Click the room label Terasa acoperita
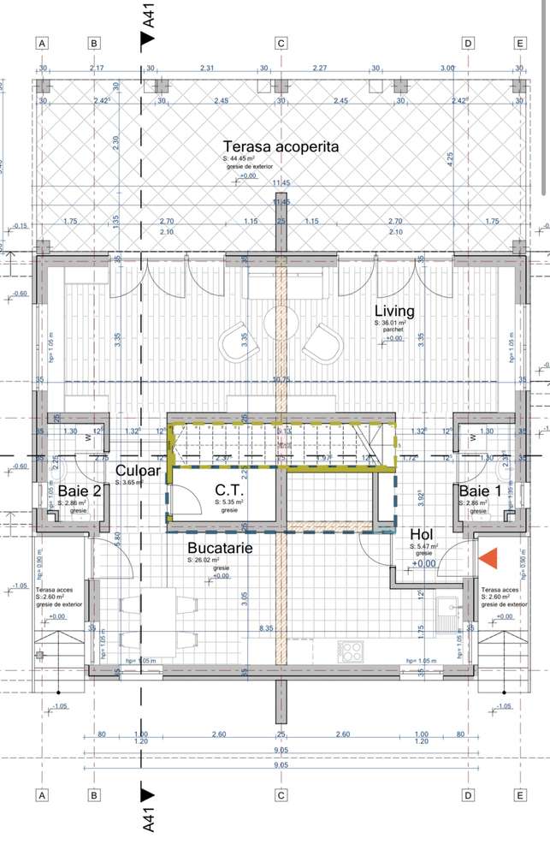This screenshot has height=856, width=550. (x=281, y=146)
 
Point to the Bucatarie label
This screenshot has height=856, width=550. (x=220, y=548)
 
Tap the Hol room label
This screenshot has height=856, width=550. (x=423, y=533)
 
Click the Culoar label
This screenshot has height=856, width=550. (x=138, y=471)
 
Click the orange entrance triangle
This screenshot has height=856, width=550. (x=488, y=558)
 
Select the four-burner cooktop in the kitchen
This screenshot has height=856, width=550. (x=352, y=651)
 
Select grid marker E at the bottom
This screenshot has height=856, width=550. (x=519, y=795)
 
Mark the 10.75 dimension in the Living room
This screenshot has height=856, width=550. (x=281, y=377)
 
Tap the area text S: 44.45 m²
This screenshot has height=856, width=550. (x=242, y=159)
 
